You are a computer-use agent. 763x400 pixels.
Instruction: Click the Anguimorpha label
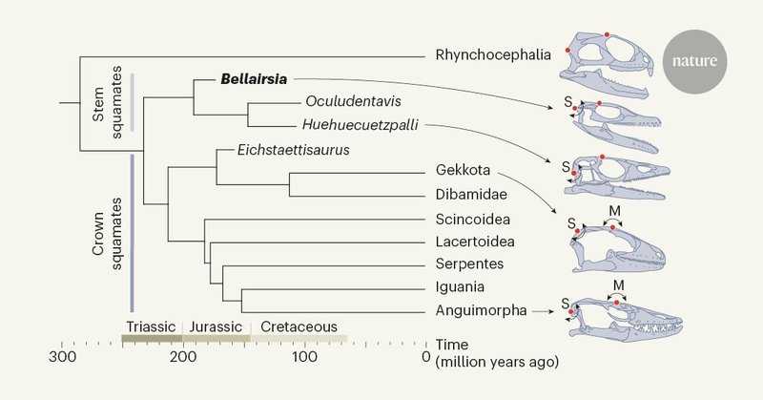click(x=477, y=310)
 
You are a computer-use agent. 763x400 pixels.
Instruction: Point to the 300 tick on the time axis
click(x=63, y=357)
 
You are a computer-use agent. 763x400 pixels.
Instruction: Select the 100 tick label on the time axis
click(x=304, y=357)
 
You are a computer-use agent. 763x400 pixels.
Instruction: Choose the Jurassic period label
click(x=217, y=326)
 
